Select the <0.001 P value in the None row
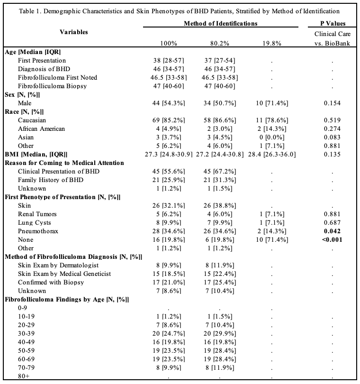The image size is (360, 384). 332,239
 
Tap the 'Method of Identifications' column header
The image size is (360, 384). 221,23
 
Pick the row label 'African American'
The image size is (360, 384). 41,128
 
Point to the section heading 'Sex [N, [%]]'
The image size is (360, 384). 22,94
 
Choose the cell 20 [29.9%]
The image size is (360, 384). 218,325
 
